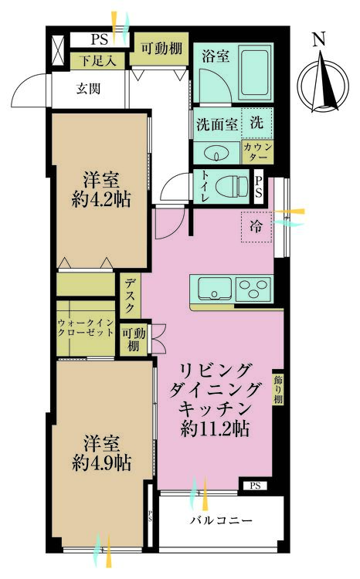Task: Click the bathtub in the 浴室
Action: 254,73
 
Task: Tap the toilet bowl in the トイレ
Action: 232,187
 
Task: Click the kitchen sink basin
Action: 215,288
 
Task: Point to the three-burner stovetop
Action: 253,289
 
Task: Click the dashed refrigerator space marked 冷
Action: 256,227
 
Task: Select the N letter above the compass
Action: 318,39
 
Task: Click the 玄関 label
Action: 88,89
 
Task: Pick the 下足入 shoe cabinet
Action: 97,61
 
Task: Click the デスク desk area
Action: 130,296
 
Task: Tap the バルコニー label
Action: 221,520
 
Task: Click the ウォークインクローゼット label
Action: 86,327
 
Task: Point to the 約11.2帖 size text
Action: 215,428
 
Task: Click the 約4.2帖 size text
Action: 101,200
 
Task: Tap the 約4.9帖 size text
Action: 102,462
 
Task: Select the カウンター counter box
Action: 257,152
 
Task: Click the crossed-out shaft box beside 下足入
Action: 59,50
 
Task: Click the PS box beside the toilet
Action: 258,187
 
